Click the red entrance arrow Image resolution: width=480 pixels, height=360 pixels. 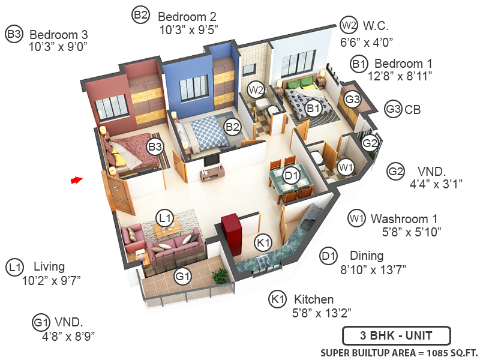point(76,179)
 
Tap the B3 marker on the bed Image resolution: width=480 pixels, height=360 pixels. point(155,146)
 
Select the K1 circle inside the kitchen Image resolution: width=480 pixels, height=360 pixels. point(263,243)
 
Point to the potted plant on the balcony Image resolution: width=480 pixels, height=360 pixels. point(220,276)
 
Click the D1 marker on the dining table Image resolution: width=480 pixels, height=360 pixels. point(292,176)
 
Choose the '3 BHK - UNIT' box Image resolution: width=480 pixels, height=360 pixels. point(395,335)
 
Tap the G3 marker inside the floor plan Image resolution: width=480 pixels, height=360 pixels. point(352,99)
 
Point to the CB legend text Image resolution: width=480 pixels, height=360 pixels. point(413,110)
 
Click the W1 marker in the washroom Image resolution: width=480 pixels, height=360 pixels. point(344,167)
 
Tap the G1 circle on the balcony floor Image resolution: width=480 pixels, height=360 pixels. point(182,277)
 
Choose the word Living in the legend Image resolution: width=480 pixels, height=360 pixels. point(49,266)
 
